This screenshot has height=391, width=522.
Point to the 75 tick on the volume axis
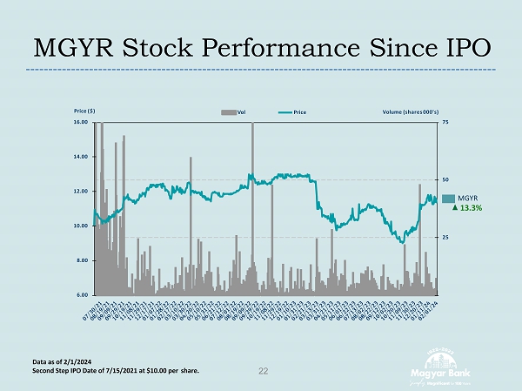click(x=445, y=123)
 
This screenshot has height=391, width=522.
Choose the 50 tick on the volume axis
click(x=445, y=179)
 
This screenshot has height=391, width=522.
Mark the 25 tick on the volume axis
click(x=445, y=237)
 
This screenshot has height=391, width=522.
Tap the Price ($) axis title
click(x=84, y=111)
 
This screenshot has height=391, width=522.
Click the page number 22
click(x=263, y=372)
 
